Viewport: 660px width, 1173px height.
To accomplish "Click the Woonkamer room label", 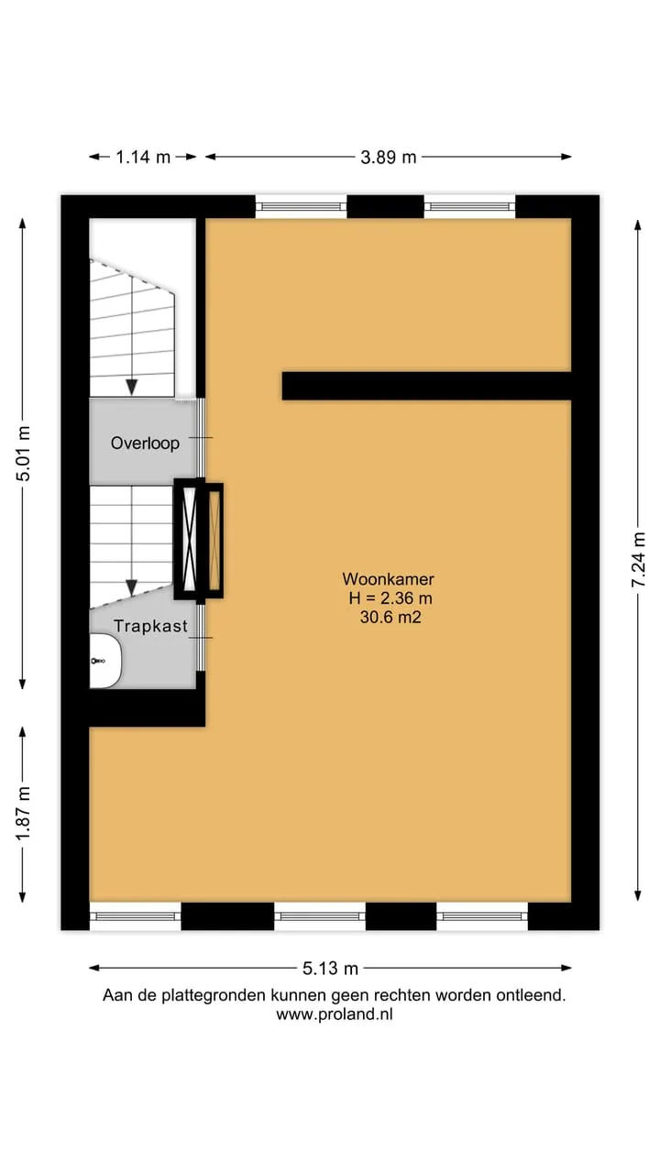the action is coord(388,578).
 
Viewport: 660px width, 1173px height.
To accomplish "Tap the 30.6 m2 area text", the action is coord(390,617).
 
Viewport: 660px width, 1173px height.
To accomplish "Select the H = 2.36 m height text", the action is coord(390,598).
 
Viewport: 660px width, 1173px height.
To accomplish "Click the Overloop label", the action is coord(145,443).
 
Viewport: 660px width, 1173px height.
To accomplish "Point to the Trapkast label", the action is coord(151,626).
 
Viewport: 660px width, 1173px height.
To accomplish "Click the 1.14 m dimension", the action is coord(143,157).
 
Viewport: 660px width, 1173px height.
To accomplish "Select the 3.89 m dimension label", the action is coord(388,157).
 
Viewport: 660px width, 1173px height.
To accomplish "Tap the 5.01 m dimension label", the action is coord(24,454).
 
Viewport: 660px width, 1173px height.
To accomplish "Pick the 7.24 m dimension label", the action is coord(639,559).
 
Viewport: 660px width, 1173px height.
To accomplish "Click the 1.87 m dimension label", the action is coord(24,814).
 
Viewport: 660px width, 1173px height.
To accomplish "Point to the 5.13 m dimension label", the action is coord(330,969).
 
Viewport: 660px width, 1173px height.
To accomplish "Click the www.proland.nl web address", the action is coord(335,1014).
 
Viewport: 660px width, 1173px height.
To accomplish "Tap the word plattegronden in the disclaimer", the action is coord(214,995).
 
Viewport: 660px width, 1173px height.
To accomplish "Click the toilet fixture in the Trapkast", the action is coord(105,661).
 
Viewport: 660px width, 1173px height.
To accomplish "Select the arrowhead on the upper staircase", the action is coord(131,387).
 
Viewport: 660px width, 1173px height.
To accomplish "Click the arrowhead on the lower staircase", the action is coord(131,587).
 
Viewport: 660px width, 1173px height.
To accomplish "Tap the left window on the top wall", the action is coord(302,207).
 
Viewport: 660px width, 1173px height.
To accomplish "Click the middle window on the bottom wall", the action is coord(320,916).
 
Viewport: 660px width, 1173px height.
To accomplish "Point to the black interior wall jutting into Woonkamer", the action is coord(426,386).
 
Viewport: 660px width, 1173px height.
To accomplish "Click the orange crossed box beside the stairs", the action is coord(214,541).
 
